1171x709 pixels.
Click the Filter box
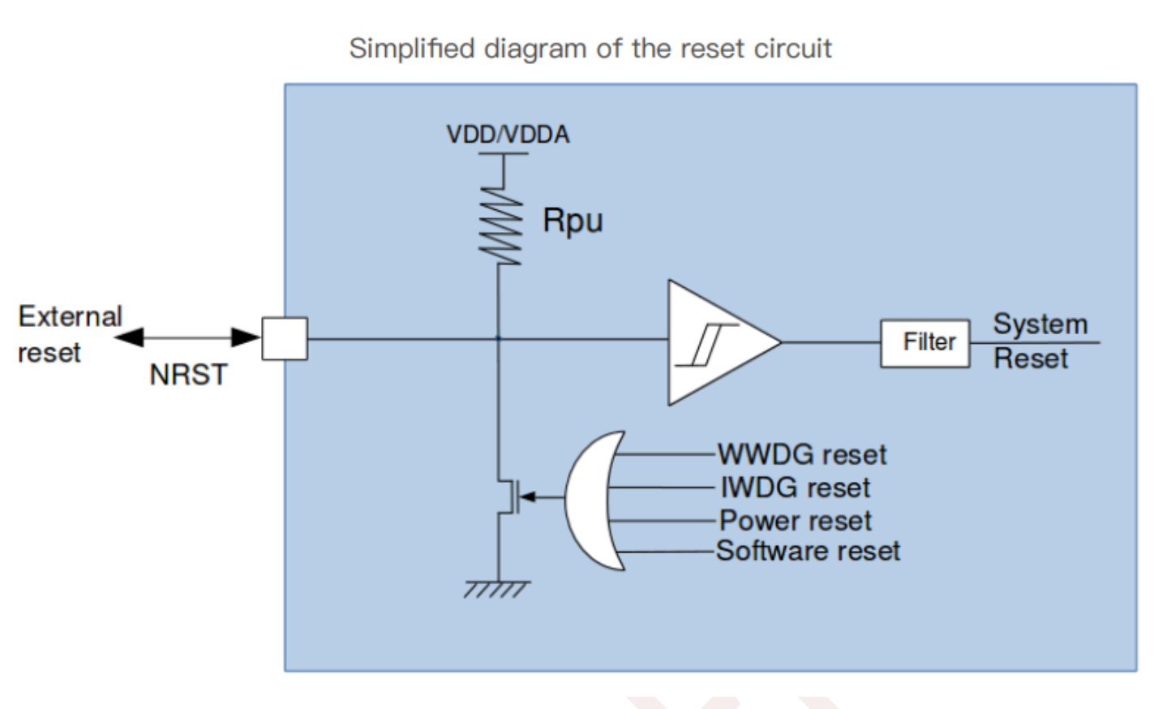tap(924, 343)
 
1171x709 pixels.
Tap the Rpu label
tap(573, 221)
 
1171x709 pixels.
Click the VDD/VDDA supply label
tap(508, 134)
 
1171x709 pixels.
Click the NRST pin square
tap(285, 338)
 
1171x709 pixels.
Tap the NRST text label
tap(188, 375)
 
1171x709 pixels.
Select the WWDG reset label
tap(802, 454)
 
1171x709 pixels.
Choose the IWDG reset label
tap(796, 488)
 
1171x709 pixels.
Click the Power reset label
tap(796, 520)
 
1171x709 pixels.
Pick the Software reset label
tap(808, 552)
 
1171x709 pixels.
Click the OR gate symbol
tap(592, 500)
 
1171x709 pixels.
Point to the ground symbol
tap(497, 589)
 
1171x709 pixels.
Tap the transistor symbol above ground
tap(509, 496)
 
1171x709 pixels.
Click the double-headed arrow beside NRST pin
tap(187, 337)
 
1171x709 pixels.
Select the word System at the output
tap(1040, 324)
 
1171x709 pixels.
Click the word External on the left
tap(70, 316)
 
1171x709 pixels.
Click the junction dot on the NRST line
tap(498, 338)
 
